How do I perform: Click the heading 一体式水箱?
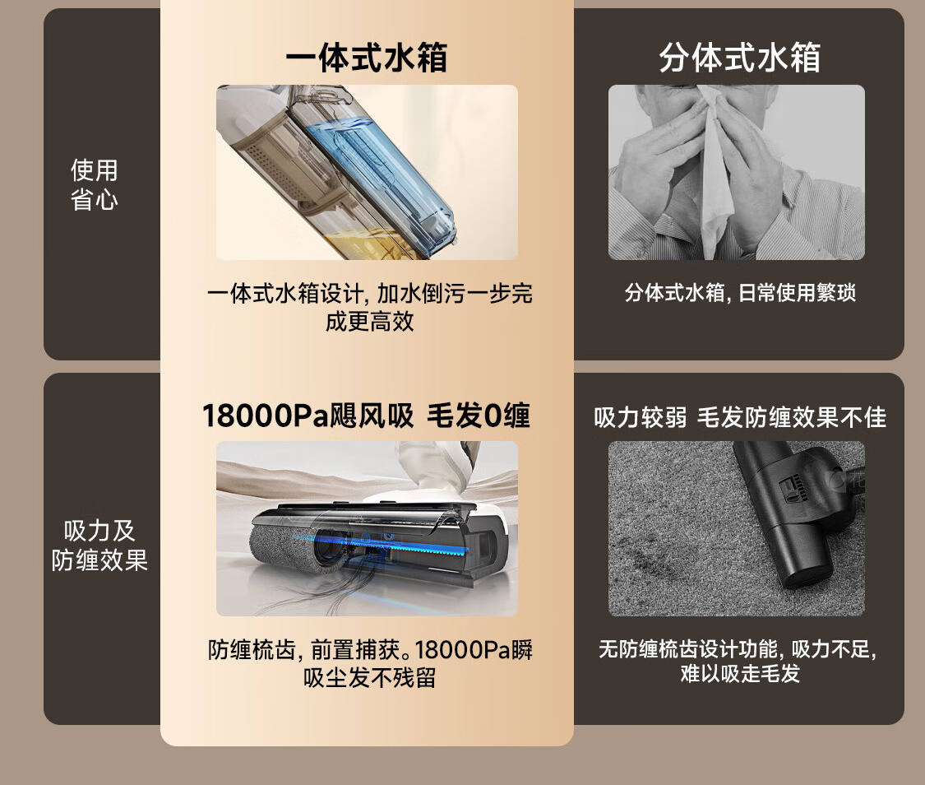[x=367, y=58]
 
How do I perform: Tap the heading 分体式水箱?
[x=739, y=58]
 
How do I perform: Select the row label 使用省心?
[x=95, y=185]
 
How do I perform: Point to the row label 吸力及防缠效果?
[x=99, y=546]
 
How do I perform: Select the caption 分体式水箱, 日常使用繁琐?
[x=740, y=292]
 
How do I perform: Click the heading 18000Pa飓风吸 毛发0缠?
[x=367, y=416]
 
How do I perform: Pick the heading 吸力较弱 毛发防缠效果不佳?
[x=740, y=417]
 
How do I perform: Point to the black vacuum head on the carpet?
[x=790, y=513]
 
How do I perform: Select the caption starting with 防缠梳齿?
[x=370, y=663]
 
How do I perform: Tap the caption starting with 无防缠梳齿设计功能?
[x=738, y=661]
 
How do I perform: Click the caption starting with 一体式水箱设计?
[x=370, y=307]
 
